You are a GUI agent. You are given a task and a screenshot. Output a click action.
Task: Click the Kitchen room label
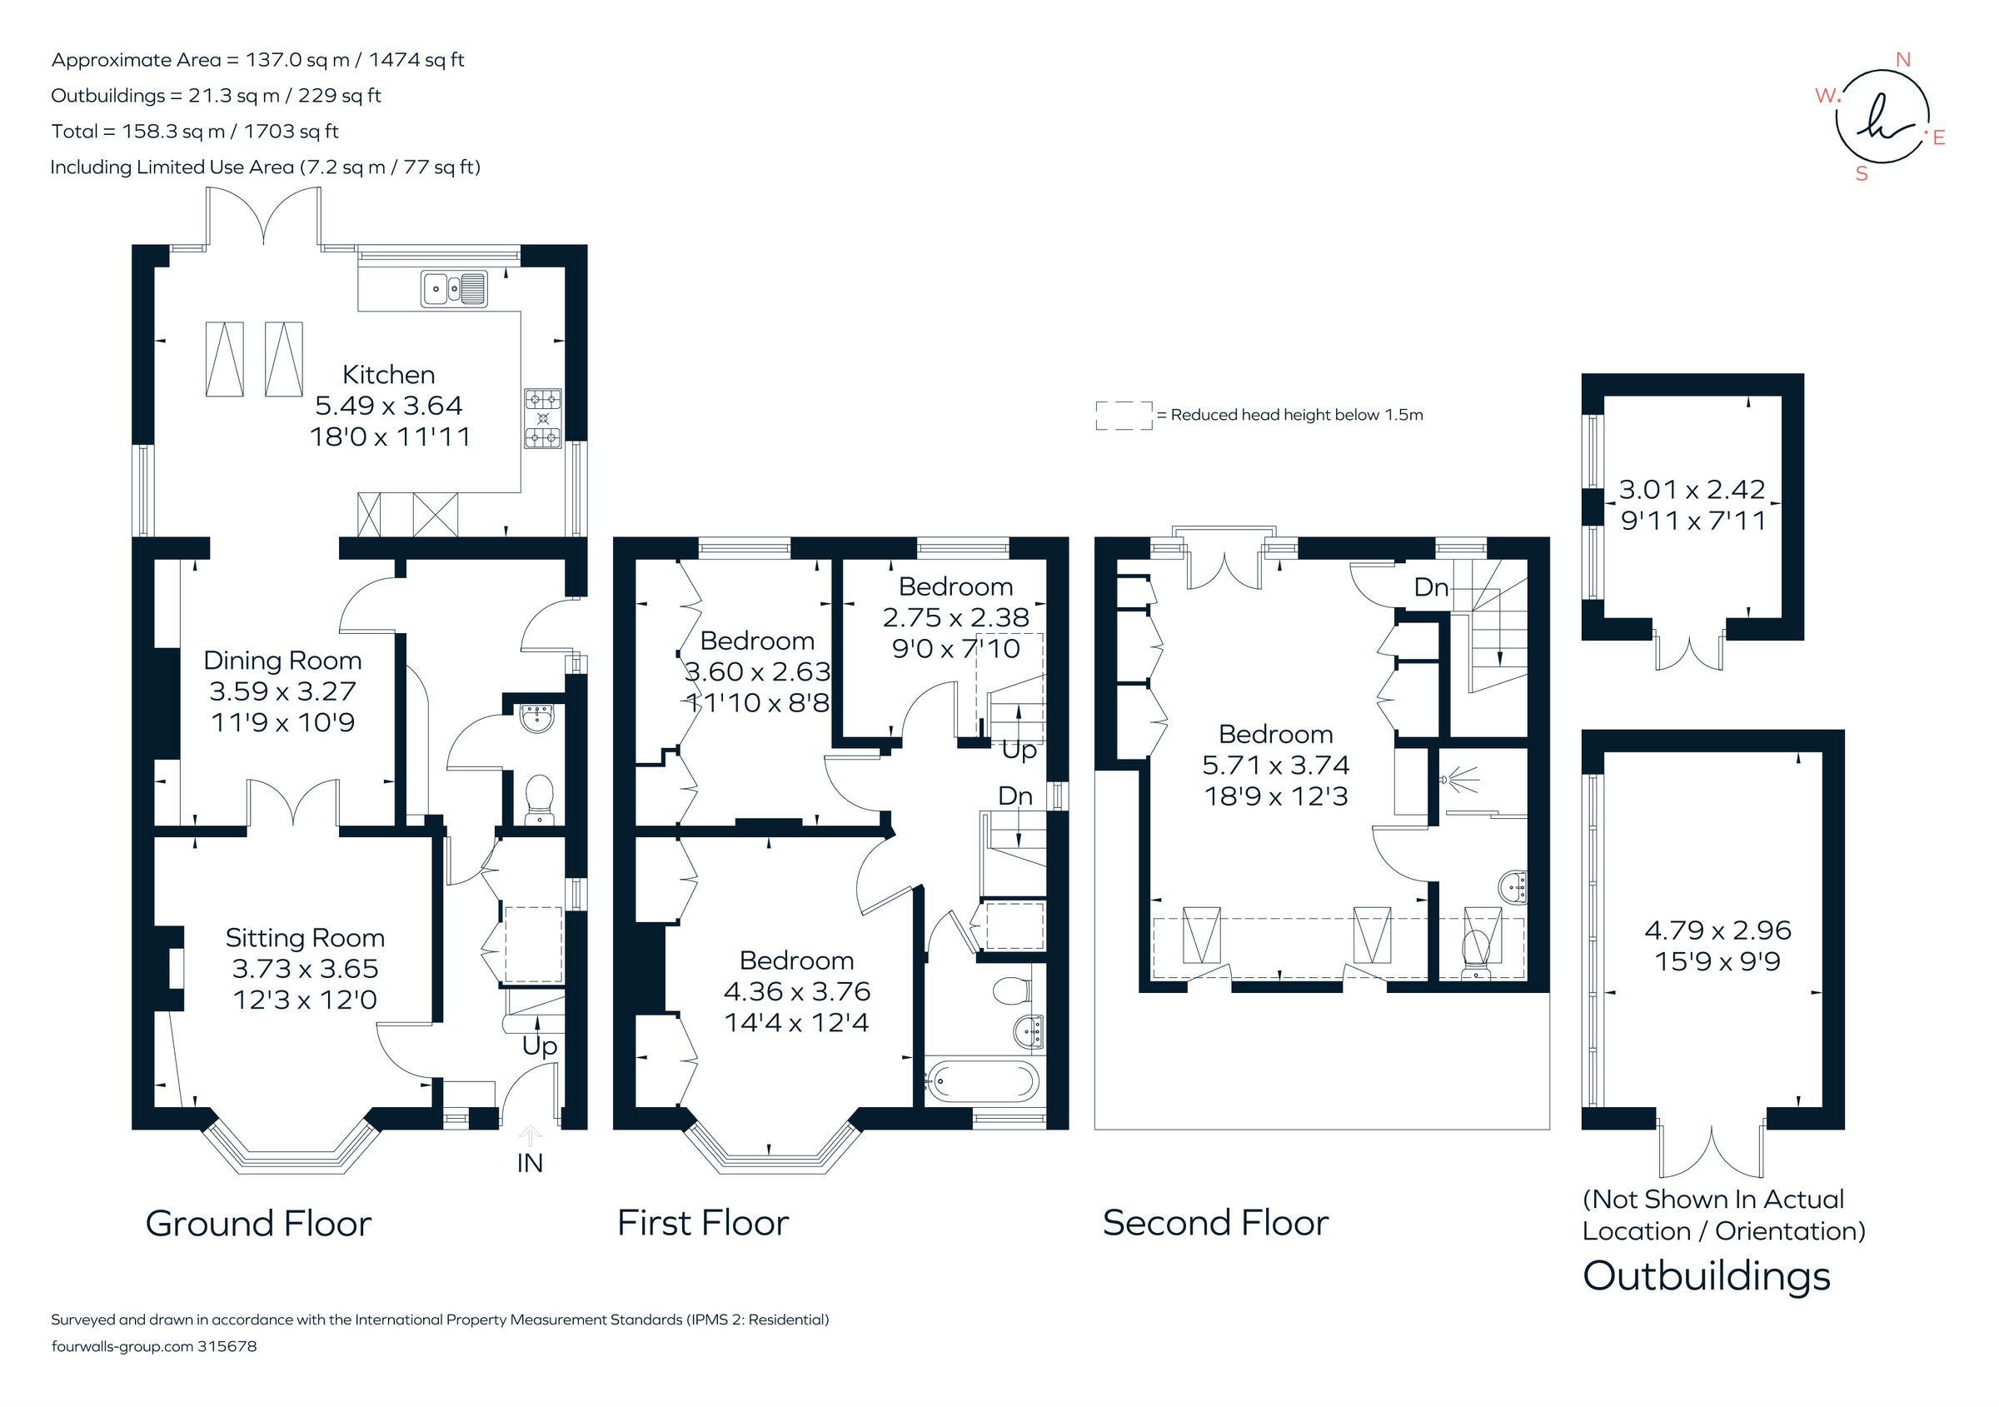[388, 374]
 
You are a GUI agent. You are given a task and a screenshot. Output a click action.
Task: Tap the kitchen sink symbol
[454, 289]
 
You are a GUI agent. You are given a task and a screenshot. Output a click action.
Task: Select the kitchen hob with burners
[542, 419]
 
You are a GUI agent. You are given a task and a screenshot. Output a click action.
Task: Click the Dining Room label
[282, 660]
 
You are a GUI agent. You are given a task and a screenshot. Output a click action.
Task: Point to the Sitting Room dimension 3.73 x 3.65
[305, 968]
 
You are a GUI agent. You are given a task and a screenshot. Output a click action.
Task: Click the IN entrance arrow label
[530, 1162]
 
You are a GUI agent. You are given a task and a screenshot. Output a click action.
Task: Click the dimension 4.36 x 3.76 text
[796, 990]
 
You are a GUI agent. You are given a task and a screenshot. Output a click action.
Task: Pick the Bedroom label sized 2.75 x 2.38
[955, 586]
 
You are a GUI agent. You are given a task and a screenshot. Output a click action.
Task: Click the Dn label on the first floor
[1015, 796]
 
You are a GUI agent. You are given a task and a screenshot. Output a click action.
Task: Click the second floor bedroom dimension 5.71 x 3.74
[1275, 765]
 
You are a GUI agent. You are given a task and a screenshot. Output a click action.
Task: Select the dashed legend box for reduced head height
[1123, 416]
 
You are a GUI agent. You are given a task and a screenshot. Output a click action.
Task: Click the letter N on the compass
[1902, 60]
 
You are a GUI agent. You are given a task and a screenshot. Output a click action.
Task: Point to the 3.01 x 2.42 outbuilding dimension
[1692, 489]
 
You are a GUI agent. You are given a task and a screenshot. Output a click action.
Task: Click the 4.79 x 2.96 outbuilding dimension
[1717, 930]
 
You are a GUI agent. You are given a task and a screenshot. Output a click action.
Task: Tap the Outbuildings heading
[1706, 1276]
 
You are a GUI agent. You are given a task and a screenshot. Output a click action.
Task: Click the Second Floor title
[1214, 1223]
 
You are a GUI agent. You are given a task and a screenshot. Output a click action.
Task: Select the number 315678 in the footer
[227, 1346]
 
